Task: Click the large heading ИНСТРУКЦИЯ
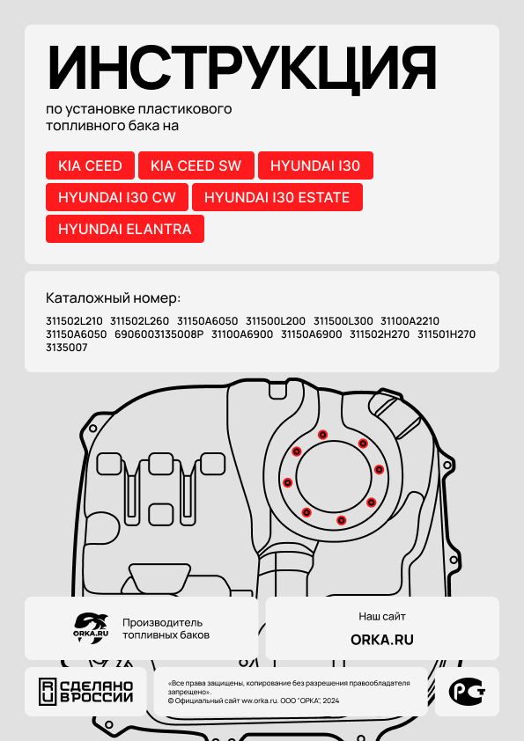[241, 69]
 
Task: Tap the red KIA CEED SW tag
[196, 165]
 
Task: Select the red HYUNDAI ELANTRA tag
[125, 229]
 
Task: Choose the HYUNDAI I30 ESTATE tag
[277, 197]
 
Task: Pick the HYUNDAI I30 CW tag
[117, 197]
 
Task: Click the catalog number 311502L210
[74, 321]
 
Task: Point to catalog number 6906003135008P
[159, 334]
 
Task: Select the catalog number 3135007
[67, 348]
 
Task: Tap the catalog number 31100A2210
[410, 321]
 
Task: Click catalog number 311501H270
[447, 334]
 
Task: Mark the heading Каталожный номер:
[114, 298]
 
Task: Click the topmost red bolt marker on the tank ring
[322, 434]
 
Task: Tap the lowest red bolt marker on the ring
[341, 520]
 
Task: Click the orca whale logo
[91, 628]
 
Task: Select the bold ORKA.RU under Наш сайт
[382, 640]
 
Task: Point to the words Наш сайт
[382, 616]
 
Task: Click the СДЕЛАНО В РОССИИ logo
[85, 692]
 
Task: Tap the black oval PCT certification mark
[467, 692]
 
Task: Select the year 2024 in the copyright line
[331, 701]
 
